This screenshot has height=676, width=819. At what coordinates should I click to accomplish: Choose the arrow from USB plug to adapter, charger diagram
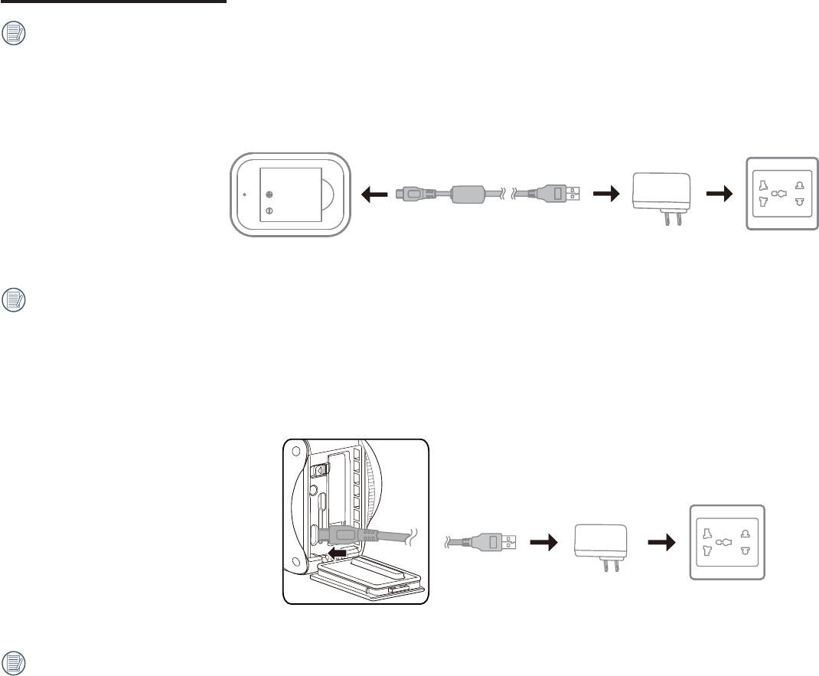pyautogui.click(x=605, y=194)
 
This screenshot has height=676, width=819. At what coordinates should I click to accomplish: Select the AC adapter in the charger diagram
pyautogui.click(x=661, y=194)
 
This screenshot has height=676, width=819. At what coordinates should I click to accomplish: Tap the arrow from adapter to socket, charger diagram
pyautogui.click(x=720, y=194)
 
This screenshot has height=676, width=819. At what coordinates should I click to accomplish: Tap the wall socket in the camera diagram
pyautogui.click(x=727, y=543)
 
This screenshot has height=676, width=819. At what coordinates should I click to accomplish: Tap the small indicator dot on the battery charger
pyautogui.click(x=244, y=194)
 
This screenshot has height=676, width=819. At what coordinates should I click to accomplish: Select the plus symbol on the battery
pyautogui.click(x=269, y=194)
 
